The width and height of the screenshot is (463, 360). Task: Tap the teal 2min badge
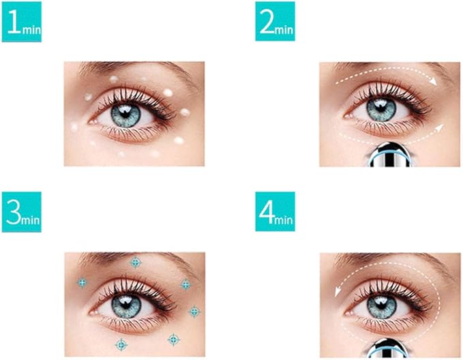275,22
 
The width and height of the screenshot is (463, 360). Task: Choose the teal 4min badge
275,211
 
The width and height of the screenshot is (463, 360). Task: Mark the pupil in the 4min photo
381,304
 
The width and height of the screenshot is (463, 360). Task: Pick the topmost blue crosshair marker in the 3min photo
135,262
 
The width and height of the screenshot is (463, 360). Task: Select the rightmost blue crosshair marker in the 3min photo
194,312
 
